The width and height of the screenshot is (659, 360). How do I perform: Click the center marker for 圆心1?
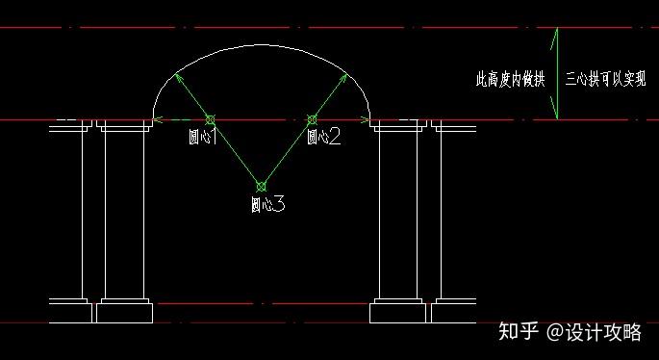pos(210,120)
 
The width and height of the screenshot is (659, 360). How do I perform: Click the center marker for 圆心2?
pos(311,120)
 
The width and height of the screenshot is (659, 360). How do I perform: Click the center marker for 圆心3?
pos(260,186)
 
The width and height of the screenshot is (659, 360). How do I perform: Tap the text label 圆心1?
pos(202,137)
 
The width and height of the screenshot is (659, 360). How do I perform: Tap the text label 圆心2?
pos(323,137)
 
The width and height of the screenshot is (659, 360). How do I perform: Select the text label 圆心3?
pos(266,204)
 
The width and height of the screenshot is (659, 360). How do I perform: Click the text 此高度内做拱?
pos(511,79)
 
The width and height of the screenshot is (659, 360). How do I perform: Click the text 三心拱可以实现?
pos(605,79)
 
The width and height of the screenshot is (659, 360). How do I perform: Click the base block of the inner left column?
pos(124,312)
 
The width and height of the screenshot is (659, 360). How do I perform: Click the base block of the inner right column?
pos(397,312)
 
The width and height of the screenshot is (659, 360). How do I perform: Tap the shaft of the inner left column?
pos(123,212)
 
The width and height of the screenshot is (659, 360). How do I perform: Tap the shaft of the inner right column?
pos(397,212)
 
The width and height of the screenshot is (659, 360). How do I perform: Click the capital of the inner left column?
pos(123,125)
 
